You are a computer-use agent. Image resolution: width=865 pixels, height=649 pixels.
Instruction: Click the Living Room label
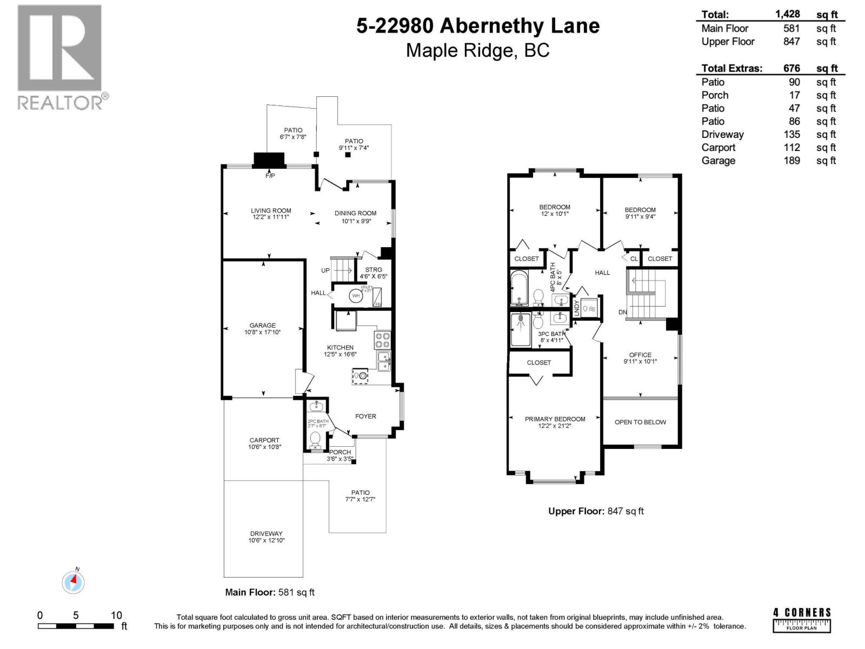(271, 211)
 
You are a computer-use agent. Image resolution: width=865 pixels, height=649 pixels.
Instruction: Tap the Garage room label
(262, 326)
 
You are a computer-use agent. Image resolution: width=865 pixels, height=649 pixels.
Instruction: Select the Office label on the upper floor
(640, 355)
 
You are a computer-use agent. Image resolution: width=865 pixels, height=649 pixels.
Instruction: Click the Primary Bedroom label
(555, 419)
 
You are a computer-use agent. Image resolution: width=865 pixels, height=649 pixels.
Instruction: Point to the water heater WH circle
(356, 296)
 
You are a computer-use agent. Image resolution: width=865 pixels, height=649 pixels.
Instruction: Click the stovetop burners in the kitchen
(382, 340)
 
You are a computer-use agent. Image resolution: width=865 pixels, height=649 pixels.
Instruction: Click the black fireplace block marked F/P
(269, 160)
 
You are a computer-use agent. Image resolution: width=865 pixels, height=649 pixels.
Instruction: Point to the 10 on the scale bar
(116, 615)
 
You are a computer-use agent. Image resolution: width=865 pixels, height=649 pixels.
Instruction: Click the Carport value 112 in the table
(791, 148)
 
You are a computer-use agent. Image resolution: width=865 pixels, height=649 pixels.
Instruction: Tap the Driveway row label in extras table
(722, 135)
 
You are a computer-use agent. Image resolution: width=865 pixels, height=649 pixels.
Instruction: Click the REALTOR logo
(60, 57)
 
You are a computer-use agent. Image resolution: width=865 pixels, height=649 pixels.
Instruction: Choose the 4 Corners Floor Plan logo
(802, 620)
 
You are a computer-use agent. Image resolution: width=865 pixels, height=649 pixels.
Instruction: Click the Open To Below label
(640, 422)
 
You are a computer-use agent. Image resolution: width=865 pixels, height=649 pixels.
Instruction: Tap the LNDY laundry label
(576, 308)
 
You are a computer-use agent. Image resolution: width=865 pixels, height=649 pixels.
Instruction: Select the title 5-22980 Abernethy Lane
(478, 25)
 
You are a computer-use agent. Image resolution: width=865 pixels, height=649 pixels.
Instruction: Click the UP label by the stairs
(325, 270)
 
